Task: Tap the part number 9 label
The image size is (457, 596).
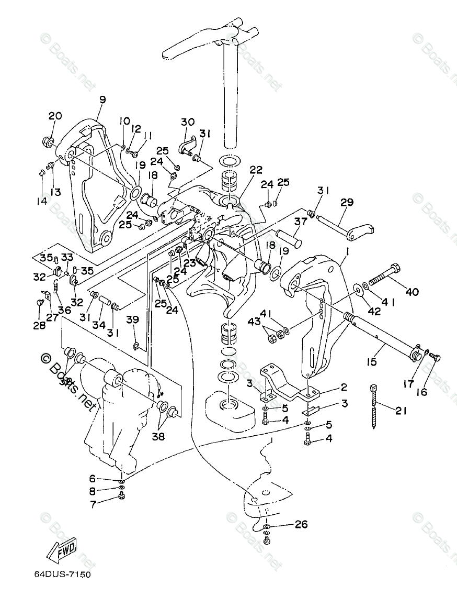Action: [x=102, y=100]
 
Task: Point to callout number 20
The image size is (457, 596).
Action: [x=55, y=116]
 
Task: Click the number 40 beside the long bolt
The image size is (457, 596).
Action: [x=412, y=292]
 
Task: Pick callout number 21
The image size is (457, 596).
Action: [x=401, y=411]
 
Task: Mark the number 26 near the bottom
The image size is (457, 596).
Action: [x=301, y=524]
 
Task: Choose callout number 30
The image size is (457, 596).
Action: [x=187, y=122]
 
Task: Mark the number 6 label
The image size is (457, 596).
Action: [x=93, y=478]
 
